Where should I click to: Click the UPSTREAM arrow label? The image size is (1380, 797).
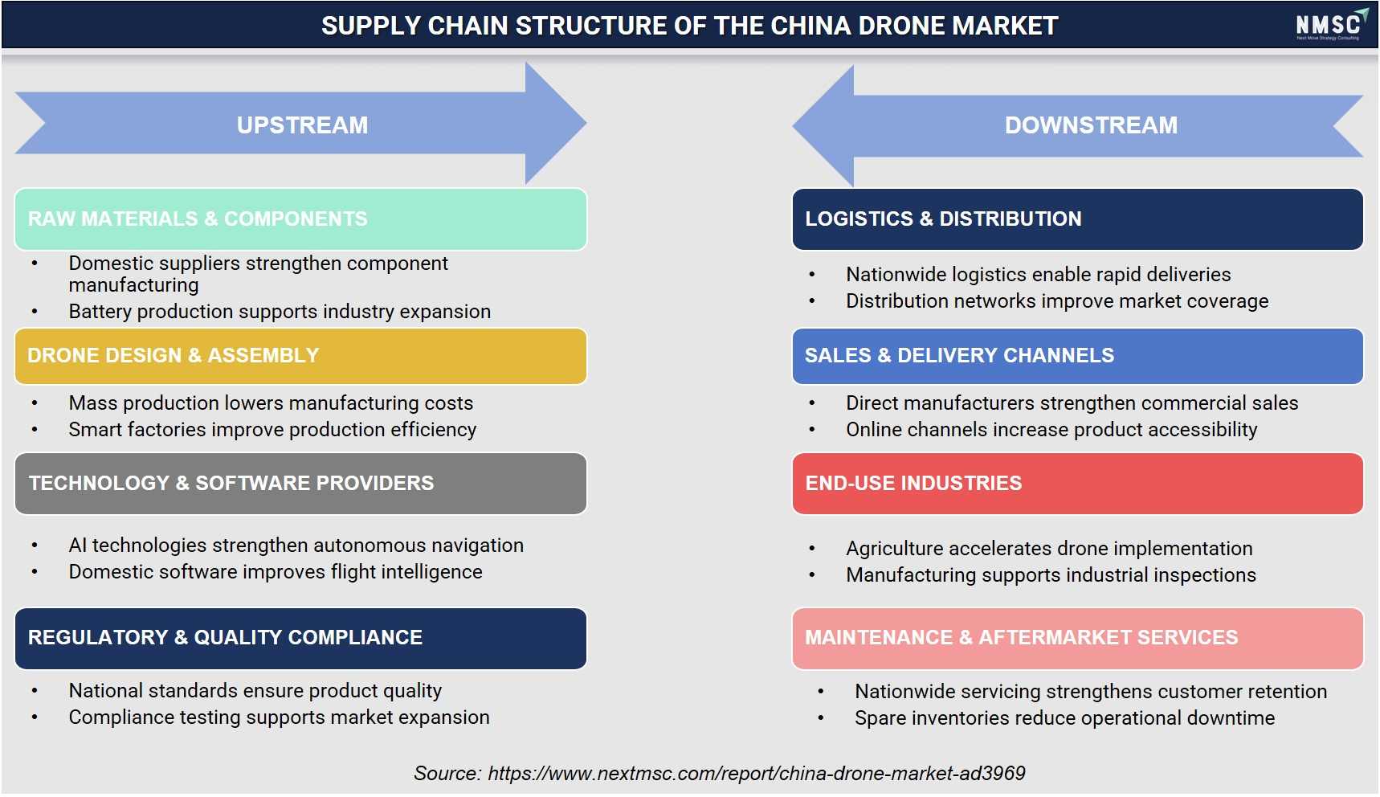(x=302, y=125)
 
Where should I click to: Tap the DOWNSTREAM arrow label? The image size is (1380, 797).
(x=1091, y=125)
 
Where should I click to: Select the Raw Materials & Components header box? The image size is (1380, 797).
(x=300, y=219)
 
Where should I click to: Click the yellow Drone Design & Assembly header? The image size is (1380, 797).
(x=300, y=356)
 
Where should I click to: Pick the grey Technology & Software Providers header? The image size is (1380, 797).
(x=300, y=484)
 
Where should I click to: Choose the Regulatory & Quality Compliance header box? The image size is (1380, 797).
(x=300, y=638)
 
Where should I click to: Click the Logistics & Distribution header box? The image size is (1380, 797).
(x=1077, y=219)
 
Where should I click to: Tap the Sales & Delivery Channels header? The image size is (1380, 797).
(x=1077, y=356)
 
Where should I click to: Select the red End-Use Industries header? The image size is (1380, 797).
(x=1077, y=484)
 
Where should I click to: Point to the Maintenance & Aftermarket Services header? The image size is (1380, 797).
(x=1077, y=638)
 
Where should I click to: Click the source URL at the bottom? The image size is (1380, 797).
(x=757, y=774)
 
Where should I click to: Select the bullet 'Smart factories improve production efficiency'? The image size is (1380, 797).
(x=272, y=430)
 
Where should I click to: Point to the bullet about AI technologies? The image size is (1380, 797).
(x=296, y=546)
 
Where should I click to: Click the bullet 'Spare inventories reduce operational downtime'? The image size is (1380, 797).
(x=1064, y=718)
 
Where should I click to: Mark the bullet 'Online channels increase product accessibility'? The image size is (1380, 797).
(x=1051, y=430)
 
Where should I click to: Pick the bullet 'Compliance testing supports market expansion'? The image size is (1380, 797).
(x=279, y=717)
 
